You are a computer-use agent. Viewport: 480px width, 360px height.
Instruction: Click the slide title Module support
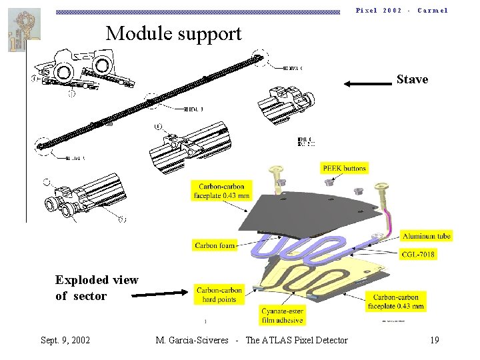pos(173,33)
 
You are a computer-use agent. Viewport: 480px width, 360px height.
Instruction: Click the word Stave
pos(412,79)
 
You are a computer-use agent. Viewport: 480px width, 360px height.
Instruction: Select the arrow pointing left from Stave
pos(366,83)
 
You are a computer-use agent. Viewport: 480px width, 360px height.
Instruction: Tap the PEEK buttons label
pos(344,168)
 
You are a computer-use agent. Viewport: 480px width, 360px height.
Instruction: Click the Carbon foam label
pos(215,245)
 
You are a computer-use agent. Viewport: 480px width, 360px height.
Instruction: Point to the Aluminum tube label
pos(426,236)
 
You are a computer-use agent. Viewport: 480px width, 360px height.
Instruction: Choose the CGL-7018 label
pos(419,254)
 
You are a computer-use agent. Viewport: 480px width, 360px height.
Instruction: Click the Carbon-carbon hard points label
pos(219,294)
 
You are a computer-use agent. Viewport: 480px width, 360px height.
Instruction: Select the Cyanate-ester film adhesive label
pos(283,315)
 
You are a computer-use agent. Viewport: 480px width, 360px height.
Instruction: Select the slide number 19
pos(434,340)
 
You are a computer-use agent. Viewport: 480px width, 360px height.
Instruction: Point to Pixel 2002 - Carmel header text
pos(401,10)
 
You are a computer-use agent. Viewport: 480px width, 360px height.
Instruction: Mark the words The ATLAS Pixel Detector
pos(297,340)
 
